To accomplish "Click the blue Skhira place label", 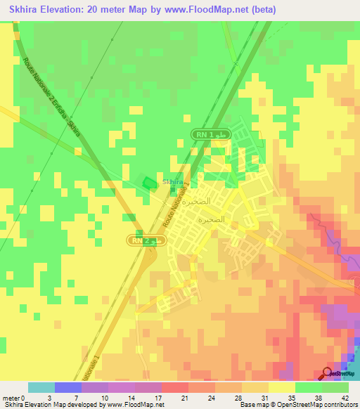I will click(173, 182).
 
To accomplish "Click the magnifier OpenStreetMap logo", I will click(328, 375).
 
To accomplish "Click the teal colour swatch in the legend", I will click(41, 387).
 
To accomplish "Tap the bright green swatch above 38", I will click(308, 387).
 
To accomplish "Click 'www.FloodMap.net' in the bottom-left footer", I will click(134, 405).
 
